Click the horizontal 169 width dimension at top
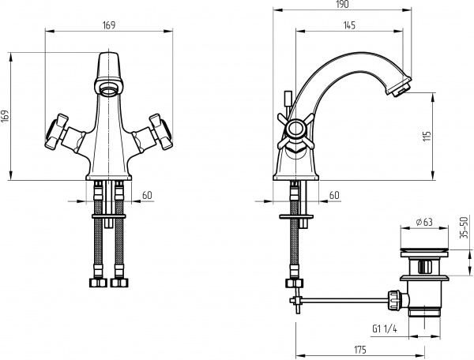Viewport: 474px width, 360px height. [109, 25]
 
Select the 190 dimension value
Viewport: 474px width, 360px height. [342, 6]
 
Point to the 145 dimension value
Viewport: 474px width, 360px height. [348, 25]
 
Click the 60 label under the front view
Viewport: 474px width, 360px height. [147, 195]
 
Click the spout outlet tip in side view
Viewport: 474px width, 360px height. [400, 88]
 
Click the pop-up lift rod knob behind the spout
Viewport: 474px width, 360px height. [288, 98]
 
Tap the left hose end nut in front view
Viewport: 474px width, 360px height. [98, 280]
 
